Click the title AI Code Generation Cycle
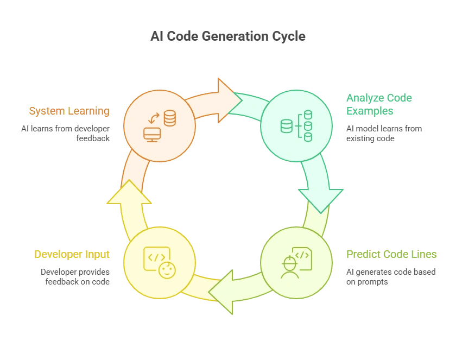point(228,37)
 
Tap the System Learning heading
point(69,111)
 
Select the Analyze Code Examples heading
point(379,104)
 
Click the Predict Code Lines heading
point(391,254)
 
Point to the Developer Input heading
point(72,254)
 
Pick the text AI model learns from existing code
point(384,133)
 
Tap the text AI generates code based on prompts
point(390,276)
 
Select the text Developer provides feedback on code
point(75,276)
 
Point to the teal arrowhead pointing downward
point(321,198)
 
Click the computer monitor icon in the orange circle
point(151,134)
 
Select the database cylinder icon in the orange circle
point(170,118)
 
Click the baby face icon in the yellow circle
point(168,269)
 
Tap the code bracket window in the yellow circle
point(155,257)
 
